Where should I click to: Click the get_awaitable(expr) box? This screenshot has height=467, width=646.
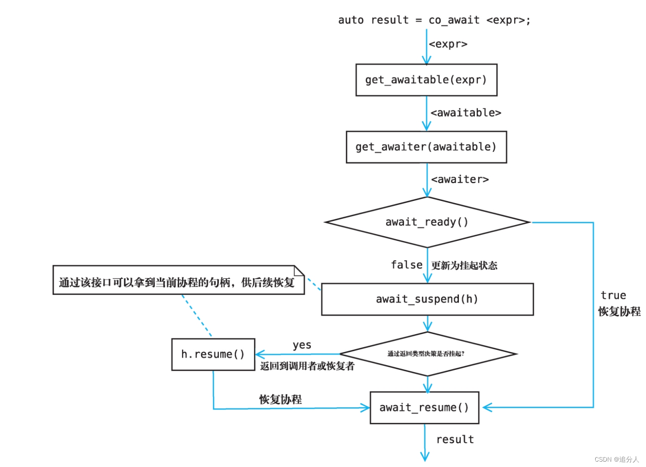[x=426, y=80]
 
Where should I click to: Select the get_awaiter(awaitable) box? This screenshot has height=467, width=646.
[x=426, y=147]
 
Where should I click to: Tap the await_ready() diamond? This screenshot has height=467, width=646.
[x=427, y=222]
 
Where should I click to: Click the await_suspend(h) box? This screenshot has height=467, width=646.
[x=427, y=299]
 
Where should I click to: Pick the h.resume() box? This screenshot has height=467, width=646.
[x=213, y=354]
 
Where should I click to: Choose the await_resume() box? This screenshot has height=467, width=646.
[x=424, y=407]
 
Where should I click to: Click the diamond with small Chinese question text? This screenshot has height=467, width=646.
[x=427, y=354]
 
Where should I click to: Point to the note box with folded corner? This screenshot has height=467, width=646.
[x=178, y=280]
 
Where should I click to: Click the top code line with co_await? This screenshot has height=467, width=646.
[x=434, y=20]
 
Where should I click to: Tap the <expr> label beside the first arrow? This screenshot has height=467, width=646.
[x=448, y=44]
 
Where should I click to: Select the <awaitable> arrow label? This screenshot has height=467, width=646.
[x=466, y=113]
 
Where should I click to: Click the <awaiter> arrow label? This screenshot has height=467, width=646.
[x=460, y=180]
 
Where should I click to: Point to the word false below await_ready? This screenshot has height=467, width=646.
[x=406, y=265]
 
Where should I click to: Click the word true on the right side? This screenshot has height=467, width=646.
[x=613, y=295]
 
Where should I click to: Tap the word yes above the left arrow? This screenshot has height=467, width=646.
[x=302, y=345]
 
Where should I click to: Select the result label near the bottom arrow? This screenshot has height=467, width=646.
[x=455, y=439]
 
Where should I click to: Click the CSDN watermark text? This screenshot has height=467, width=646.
[x=617, y=459]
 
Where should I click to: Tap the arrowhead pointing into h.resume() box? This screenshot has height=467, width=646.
[x=260, y=355]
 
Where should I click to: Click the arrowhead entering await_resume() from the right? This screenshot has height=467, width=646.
[x=487, y=407]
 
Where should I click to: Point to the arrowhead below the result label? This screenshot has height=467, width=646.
[x=425, y=457]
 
